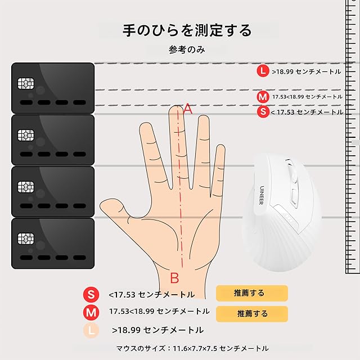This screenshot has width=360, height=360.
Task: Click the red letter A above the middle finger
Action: (x=188, y=109)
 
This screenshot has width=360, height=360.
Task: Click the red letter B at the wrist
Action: (x=174, y=278)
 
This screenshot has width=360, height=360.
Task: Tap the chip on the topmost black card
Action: (x=26, y=83)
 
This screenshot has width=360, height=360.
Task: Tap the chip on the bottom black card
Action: (x=26, y=238)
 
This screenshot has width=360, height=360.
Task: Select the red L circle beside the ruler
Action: (x=263, y=71)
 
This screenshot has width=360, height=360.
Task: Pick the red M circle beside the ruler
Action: (x=263, y=97)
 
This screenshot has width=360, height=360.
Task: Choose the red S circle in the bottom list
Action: (x=91, y=294)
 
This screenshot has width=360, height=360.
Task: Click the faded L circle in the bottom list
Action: (x=91, y=330)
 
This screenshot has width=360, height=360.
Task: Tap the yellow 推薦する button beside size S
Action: (x=252, y=293)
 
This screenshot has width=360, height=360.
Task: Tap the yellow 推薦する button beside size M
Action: (x=252, y=314)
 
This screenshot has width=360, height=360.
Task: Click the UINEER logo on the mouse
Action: (x=262, y=195)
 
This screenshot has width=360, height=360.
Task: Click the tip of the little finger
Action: (x=221, y=146)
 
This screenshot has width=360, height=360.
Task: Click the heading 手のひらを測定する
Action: (x=187, y=30)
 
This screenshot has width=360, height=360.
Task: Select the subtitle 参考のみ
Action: (x=187, y=49)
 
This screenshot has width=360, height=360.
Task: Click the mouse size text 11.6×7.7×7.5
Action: (x=195, y=348)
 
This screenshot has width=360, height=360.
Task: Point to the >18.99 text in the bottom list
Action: (x=126, y=330)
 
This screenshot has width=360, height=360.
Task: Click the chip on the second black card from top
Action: (x=26, y=135)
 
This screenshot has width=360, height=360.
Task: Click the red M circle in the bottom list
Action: (x=91, y=313)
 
